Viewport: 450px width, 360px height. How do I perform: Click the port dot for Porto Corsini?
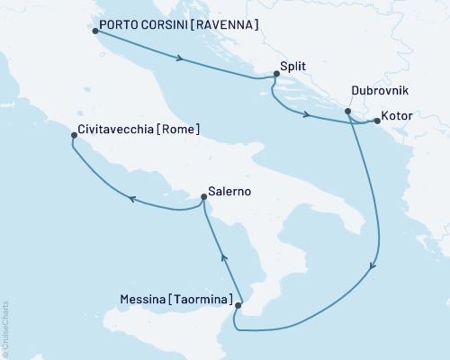click(96, 31)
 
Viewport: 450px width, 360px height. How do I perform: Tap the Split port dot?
click(275, 76)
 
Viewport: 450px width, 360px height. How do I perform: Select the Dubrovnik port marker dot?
click(347, 112)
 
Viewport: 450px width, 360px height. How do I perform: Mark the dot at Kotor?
click(376, 120)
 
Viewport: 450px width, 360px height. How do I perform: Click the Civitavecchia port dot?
click(73, 137)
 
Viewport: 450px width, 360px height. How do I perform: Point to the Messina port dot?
click(238, 306)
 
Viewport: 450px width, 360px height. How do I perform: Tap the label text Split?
click(293, 67)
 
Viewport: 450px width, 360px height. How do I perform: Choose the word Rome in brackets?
click(178, 130)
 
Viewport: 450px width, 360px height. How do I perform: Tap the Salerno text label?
click(229, 192)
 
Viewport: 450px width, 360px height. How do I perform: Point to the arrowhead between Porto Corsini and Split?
click(183, 60)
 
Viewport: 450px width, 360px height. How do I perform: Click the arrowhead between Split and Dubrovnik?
click(309, 115)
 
